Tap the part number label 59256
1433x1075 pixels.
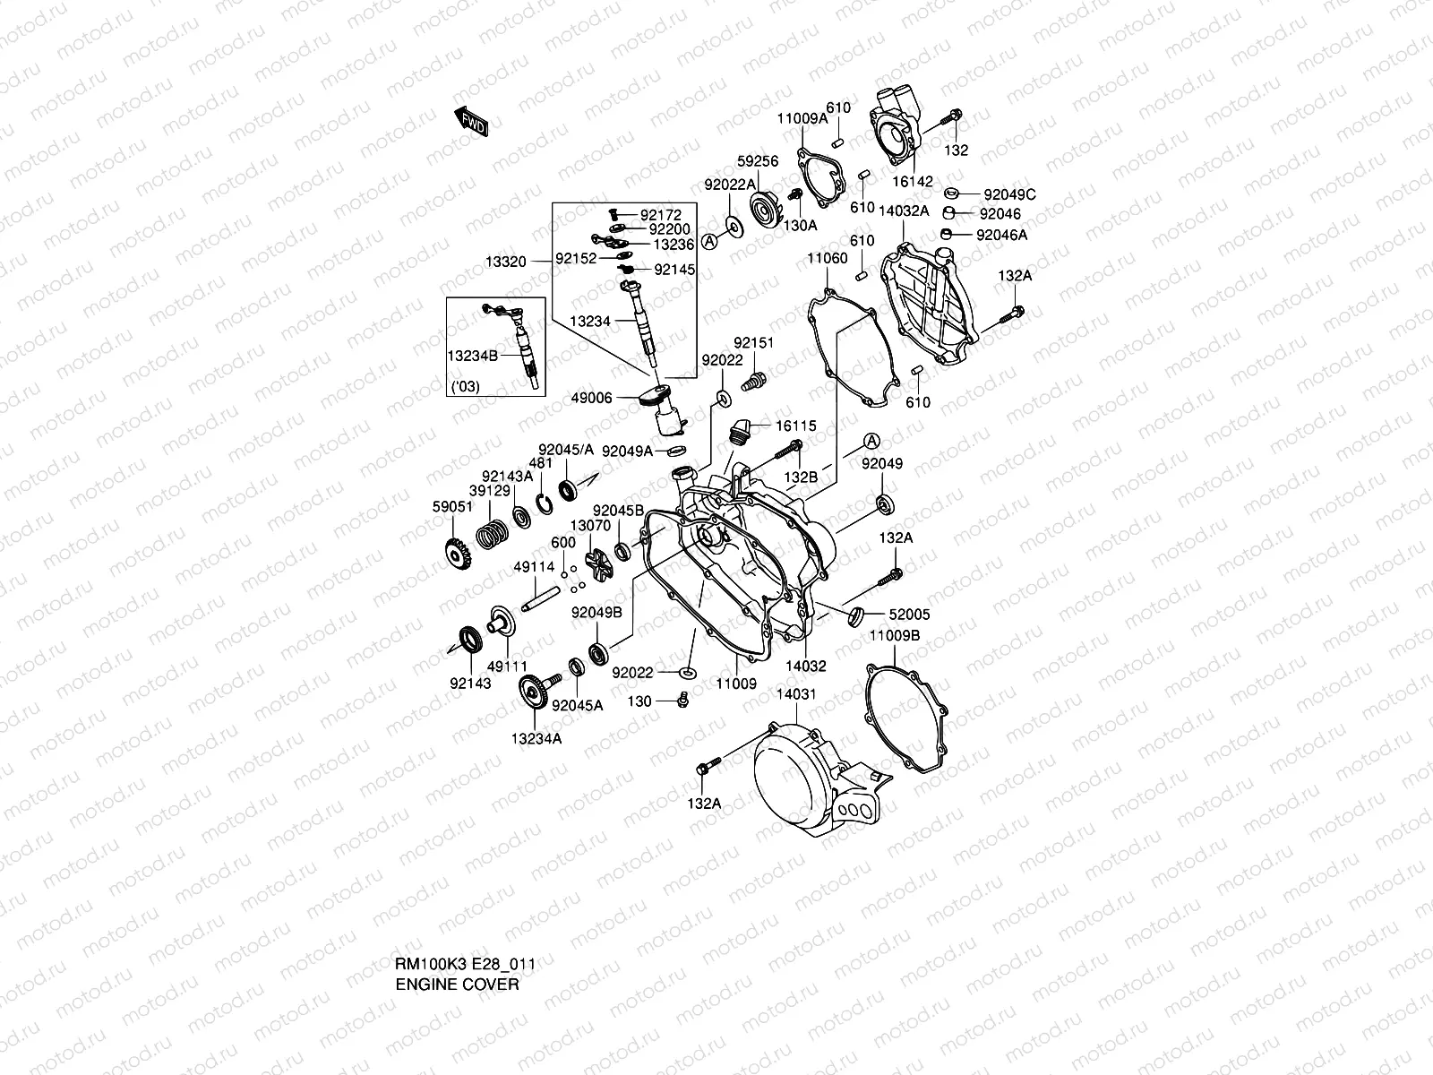click(758, 162)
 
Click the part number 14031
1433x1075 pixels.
click(796, 693)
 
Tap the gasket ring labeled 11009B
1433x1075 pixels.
click(904, 717)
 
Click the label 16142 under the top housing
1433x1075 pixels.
click(913, 182)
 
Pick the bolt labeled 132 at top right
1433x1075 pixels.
click(953, 117)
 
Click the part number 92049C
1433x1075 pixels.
click(1009, 194)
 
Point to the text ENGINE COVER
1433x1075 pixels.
click(458, 985)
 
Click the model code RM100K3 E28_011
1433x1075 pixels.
click(466, 965)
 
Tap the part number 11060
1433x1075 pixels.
click(827, 258)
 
